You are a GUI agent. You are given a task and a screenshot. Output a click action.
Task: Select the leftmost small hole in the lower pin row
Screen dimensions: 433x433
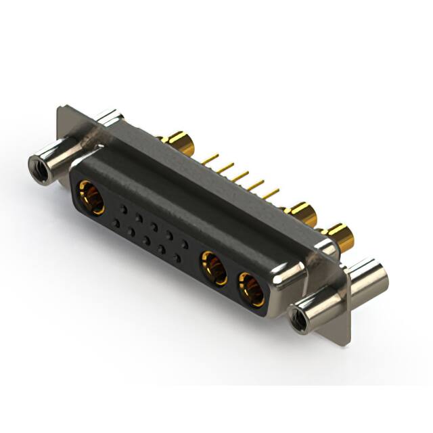pos(116,223)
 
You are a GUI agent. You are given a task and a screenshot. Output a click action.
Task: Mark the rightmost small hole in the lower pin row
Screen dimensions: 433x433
pos(178,258)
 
